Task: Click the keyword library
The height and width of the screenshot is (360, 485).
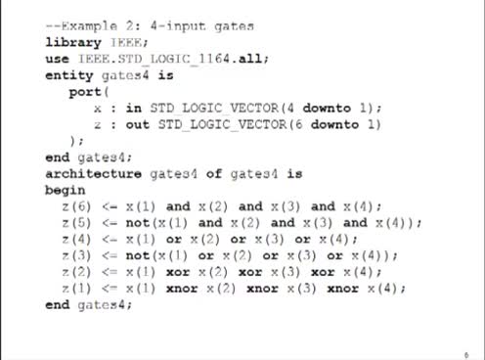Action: (x=73, y=43)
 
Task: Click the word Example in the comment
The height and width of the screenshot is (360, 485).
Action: (x=89, y=25)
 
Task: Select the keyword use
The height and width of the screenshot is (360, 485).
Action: (x=57, y=59)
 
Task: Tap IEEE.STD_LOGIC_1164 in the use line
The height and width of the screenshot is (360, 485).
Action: (x=154, y=59)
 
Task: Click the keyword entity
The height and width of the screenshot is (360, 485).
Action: (x=69, y=75)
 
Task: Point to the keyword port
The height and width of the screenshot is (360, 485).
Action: (x=85, y=92)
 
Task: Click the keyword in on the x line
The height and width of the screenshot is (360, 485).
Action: (x=134, y=108)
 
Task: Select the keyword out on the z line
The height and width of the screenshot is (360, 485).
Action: (x=138, y=124)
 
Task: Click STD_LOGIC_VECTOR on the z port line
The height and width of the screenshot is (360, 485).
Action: (x=222, y=124)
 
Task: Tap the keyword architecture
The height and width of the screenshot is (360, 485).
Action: (x=94, y=173)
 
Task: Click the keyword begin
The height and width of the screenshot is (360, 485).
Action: (x=66, y=190)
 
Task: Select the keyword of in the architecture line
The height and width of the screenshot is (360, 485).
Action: (x=214, y=173)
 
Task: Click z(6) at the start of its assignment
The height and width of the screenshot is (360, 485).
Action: (x=76, y=206)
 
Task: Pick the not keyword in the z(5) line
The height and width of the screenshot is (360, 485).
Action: (x=138, y=223)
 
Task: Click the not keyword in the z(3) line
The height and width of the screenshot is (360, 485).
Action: (x=138, y=255)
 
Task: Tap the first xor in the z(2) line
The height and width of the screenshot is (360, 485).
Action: (x=178, y=272)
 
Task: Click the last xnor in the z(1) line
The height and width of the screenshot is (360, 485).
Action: (x=343, y=289)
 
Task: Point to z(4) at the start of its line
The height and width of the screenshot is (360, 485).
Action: (x=76, y=239)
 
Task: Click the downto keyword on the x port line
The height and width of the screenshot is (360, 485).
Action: (x=327, y=108)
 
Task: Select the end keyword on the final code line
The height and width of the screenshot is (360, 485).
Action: (x=57, y=304)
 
